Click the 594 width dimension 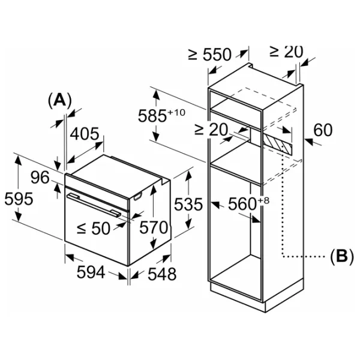[91, 273]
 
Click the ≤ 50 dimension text [94, 229]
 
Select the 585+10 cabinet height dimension [160, 115]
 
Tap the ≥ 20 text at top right [286, 52]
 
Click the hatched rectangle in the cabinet [278, 142]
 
